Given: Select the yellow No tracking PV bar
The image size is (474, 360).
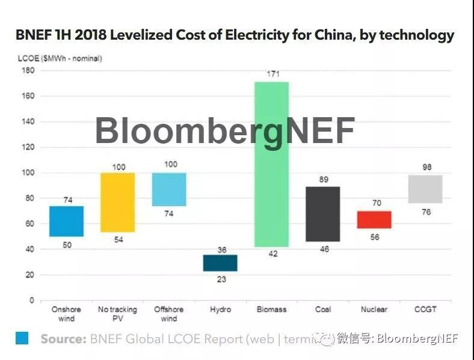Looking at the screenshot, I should point(117,203).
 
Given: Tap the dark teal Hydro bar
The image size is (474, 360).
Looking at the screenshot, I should point(220,263).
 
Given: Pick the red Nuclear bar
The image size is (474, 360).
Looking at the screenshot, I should point(374,220).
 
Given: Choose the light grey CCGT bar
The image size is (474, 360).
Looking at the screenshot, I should point(425,189).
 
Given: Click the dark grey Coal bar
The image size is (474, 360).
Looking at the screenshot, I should point(322,214).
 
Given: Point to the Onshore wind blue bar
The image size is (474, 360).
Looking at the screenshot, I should point(66,221).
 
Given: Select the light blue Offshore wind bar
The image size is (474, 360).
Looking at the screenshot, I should point(169,189).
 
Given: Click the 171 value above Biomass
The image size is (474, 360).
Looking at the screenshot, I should point(273,73).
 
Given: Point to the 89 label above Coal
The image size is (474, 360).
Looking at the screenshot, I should point(324,179).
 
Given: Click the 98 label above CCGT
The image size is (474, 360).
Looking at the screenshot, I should point(426,167).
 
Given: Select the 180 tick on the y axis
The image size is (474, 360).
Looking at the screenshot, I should point(28,70).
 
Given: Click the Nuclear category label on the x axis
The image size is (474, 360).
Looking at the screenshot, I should point(374,310).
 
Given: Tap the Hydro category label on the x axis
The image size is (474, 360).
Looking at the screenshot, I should point(220,310).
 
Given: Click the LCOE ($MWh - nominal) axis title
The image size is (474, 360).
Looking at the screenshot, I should point(58,58).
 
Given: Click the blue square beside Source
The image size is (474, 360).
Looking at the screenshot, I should point(22,338).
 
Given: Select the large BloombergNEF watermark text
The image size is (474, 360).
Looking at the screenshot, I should point(225,130).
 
